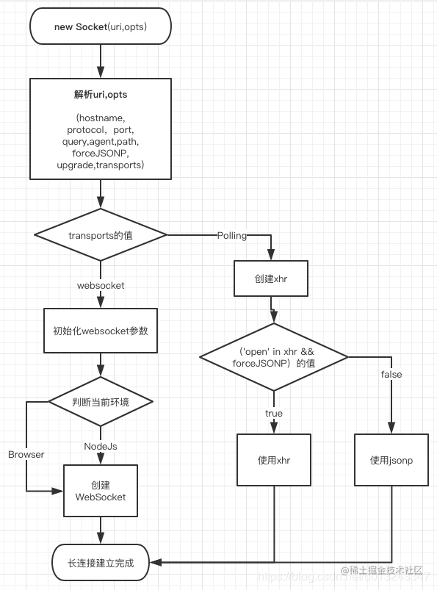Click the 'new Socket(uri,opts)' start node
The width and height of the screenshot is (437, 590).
click(x=101, y=27)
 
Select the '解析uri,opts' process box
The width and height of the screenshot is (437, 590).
click(x=101, y=129)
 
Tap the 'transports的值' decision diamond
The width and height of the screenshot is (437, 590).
click(x=101, y=234)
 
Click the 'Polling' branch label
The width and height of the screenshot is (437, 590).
click(x=232, y=235)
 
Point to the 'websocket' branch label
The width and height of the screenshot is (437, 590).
click(x=101, y=284)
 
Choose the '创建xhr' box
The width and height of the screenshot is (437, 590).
click(x=271, y=279)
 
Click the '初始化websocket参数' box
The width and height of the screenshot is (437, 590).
click(x=101, y=331)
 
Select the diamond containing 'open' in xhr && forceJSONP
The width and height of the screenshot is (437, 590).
click(x=273, y=356)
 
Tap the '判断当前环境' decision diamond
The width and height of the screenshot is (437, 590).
click(x=101, y=402)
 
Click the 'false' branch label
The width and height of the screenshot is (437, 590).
click(x=391, y=375)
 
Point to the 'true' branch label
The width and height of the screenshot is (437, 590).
click(x=273, y=413)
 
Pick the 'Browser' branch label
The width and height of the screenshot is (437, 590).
click(x=26, y=454)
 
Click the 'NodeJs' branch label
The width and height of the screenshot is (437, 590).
click(x=101, y=446)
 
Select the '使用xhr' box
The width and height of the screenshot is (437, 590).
click(x=274, y=460)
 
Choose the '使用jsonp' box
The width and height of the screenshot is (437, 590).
click(x=391, y=460)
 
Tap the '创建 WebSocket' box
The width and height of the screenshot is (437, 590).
click(x=101, y=491)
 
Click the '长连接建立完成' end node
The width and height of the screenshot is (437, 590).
click(x=101, y=563)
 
